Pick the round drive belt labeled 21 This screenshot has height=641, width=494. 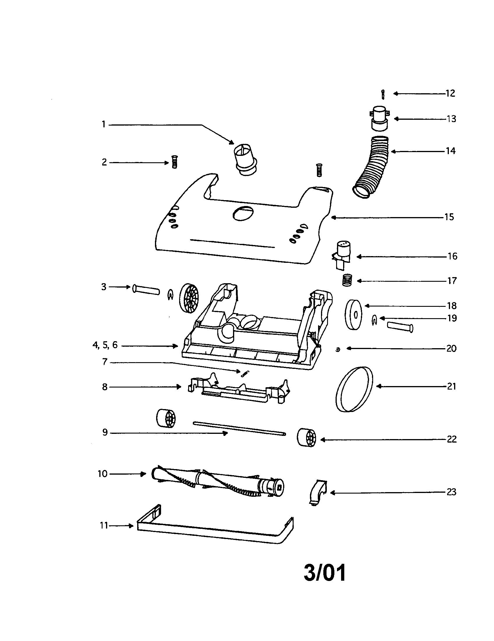click(x=354, y=389)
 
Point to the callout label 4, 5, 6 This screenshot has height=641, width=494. click(x=105, y=345)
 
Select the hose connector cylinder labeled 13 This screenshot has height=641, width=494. click(x=380, y=119)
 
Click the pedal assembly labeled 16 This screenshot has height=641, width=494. click(x=342, y=255)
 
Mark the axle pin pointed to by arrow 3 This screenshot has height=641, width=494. click(x=146, y=289)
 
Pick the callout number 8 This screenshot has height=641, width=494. click(x=105, y=387)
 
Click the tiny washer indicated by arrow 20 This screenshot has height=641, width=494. click(x=338, y=349)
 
